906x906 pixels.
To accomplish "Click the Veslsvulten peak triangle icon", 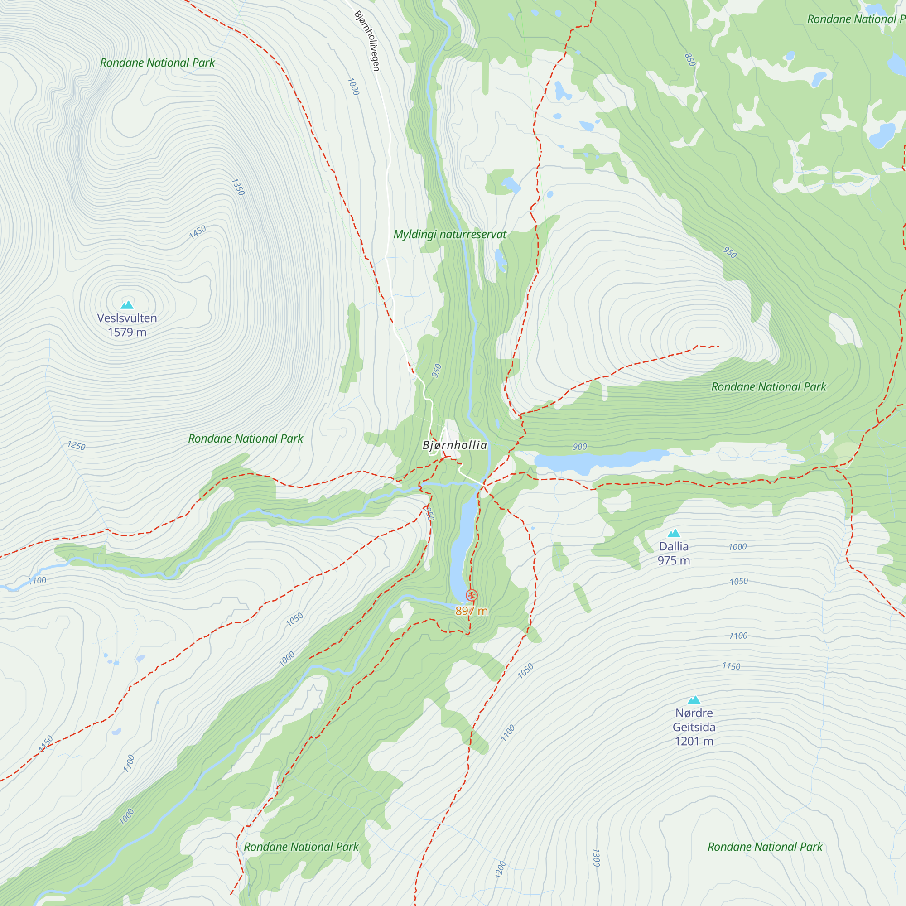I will [x=127, y=305].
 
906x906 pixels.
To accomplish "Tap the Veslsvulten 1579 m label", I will [x=127, y=325].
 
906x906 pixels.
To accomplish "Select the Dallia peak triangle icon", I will [x=674, y=533].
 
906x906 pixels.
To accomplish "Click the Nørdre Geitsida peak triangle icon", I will [x=694, y=700].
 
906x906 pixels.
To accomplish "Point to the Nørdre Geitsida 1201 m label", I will [x=694, y=727].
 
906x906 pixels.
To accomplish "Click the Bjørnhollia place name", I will [x=455, y=445].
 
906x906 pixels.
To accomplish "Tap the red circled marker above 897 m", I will [x=471, y=596].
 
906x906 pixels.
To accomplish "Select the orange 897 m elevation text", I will [x=471, y=611].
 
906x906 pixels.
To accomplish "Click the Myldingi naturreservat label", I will [x=450, y=235].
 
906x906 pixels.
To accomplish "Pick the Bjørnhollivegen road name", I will [x=367, y=41].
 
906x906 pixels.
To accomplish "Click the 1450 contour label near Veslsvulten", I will [x=198, y=232].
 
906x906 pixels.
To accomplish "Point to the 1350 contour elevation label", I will [x=238, y=187].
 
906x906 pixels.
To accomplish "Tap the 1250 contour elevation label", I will [x=76, y=445].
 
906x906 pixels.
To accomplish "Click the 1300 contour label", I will [x=596, y=857].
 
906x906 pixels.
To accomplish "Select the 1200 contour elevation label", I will [x=501, y=869].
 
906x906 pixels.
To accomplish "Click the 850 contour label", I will [x=690, y=59].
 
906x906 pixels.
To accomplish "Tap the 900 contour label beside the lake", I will [x=580, y=447].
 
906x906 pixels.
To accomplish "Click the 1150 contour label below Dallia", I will [x=731, y=666].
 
